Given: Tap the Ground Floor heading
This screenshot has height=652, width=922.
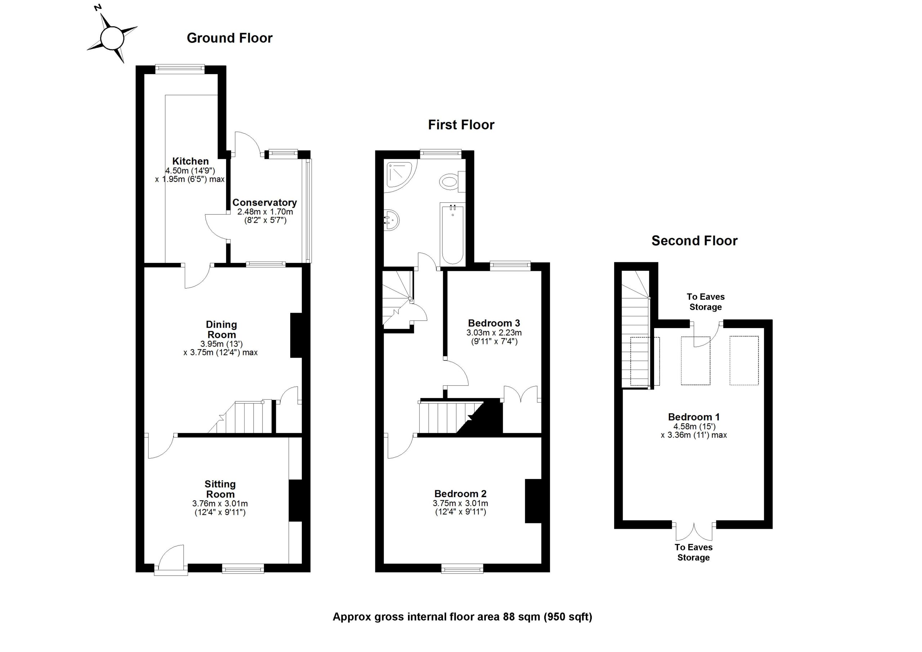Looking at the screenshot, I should coord(229,38).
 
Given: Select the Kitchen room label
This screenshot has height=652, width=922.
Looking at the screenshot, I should coord(191,161).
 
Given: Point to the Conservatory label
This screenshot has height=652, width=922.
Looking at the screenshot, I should coord(264,202).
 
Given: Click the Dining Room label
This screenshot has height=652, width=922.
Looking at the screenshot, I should coord(221,329).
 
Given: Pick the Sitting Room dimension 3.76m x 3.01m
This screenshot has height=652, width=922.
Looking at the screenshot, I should coord(220,503).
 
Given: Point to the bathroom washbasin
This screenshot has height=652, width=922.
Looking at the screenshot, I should coord(391,220).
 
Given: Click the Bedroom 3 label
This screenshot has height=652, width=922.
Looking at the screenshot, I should coord(494,323).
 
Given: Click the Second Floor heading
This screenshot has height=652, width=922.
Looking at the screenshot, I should coord(694,241).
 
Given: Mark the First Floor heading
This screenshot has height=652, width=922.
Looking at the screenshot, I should coord(461,125).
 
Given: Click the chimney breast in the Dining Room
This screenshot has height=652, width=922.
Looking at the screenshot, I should coord(296,335).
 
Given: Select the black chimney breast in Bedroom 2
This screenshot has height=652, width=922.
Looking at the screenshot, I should coord(533,501).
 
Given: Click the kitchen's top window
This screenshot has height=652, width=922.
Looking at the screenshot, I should coord(180,69).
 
